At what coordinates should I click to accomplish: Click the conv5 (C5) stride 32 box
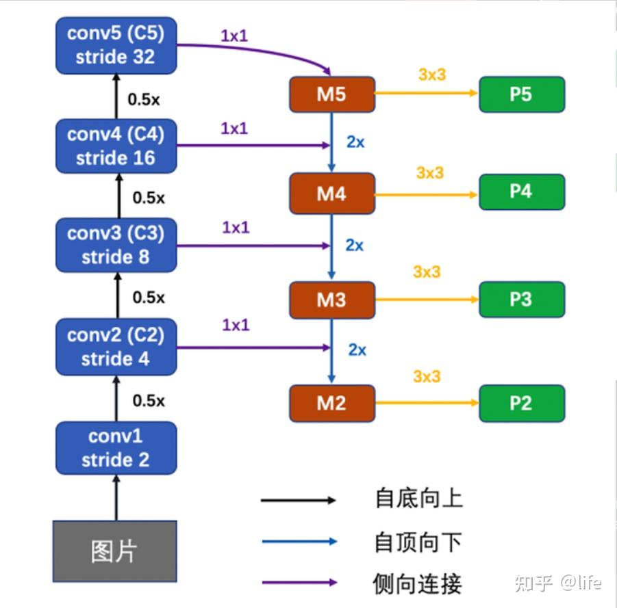[x=116, y=45]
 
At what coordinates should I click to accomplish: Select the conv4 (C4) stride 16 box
[x=116, y=146]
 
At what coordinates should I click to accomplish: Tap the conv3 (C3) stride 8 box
[x=116, y=245]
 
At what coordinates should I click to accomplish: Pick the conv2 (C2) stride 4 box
[x=116, y=347]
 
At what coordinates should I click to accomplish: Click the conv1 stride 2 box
[x=116, y=448]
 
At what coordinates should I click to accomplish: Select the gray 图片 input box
[x=114, y=551]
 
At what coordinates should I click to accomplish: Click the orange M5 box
[x=332, y=94]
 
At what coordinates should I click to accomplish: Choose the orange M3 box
[x=332, y=300]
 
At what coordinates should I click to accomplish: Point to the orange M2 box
[x=332, y=403]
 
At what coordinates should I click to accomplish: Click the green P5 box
[x=522, y=94]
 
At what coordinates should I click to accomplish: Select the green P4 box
[x=522, y=191]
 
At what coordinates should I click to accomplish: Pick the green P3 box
[x=522, y=300]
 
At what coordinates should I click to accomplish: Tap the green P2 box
[x=522, y=403]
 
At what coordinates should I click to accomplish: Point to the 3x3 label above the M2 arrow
[x=427, y=377]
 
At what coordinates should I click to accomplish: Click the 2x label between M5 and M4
[x=355, y=142]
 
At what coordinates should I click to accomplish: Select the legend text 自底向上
[x=418, y=498]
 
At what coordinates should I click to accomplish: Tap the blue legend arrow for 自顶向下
[x=299, y=541]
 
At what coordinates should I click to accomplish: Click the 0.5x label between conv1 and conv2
[x=149, y=400]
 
